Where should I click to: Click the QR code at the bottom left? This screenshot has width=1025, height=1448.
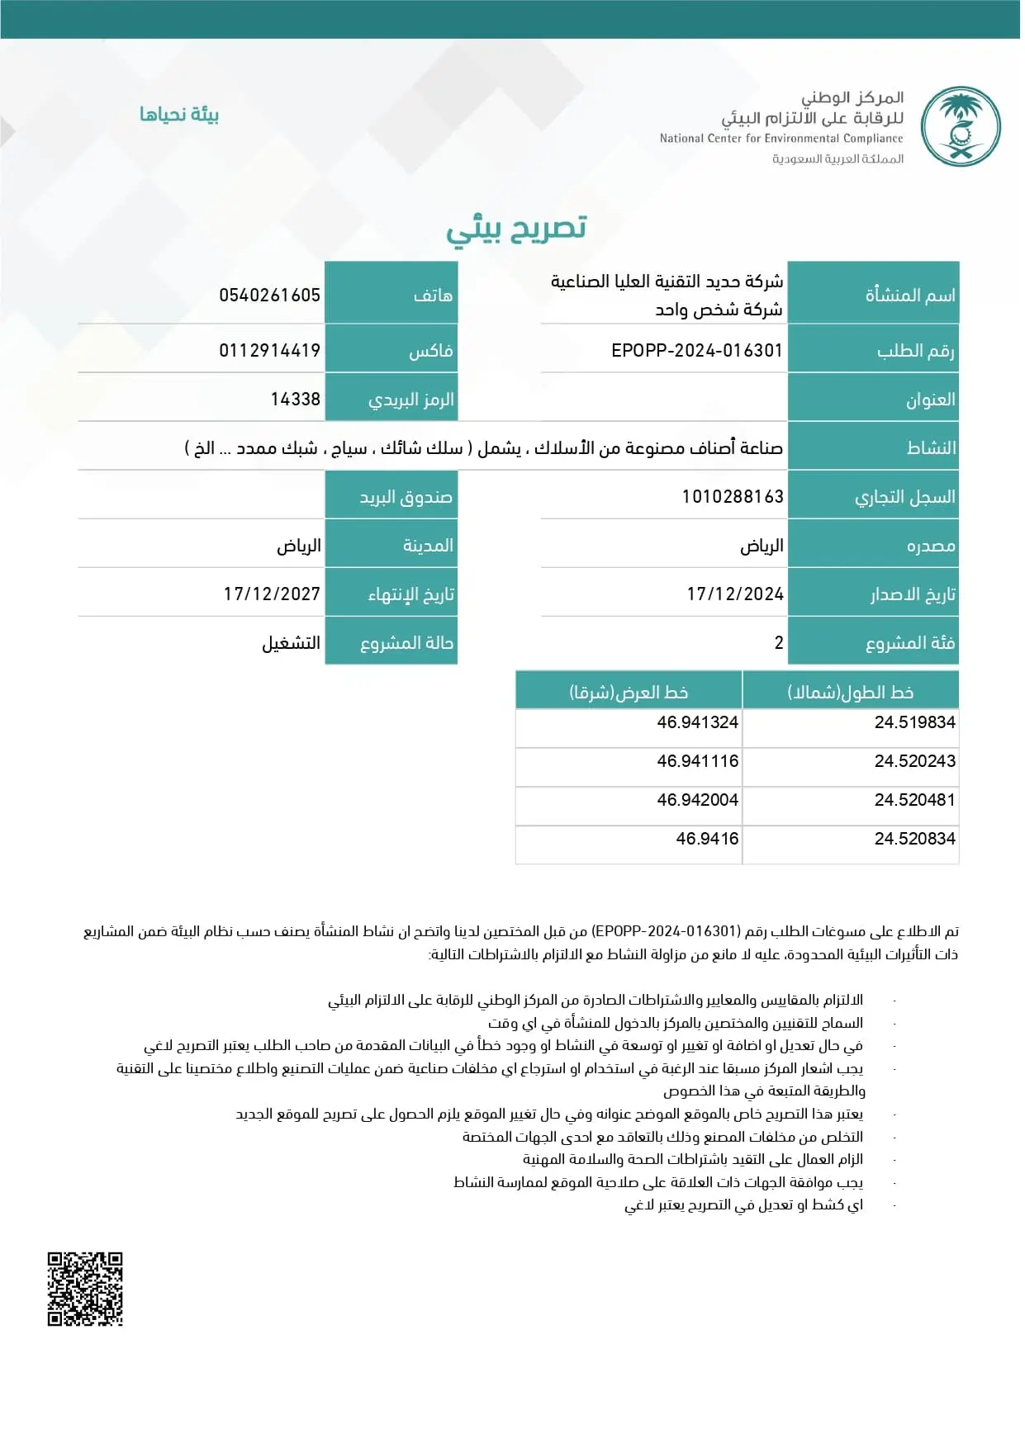(x=85, y=1289)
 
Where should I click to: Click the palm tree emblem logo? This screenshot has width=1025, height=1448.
(x=961, y=127)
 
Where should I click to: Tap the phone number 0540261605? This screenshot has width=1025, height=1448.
(x=269, y=296)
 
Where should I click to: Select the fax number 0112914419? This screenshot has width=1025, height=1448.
(x=269, y=351)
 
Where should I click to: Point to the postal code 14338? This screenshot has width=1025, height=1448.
(x=295, y=400)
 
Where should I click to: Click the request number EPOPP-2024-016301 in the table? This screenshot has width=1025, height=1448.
(x=696, y=351)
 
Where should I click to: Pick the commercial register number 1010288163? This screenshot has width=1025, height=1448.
(x=732, y=497)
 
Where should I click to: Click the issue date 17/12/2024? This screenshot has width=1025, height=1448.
(x=735, y=594)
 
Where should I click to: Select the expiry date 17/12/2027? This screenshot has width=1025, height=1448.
(x=272, y=594)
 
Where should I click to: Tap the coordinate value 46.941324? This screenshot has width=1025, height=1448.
(x=697, y=722)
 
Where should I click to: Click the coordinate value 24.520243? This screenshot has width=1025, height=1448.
(x=914, y=761)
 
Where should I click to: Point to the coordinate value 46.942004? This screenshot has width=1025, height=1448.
(x=697, y=800)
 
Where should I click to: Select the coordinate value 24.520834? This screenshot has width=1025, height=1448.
(x=914, y=839)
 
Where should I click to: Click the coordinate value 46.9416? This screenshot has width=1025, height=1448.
(x=707, y=839)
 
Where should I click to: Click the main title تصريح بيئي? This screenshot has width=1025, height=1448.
(x=516, y=229)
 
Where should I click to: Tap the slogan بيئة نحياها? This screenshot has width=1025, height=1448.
(x=179, y=114)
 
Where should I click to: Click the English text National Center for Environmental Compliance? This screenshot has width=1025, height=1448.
(x=781, y=139)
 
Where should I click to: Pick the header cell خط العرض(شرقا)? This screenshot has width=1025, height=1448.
(x=629, y=692)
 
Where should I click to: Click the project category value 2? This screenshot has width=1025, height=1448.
(x=778, y=643)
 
